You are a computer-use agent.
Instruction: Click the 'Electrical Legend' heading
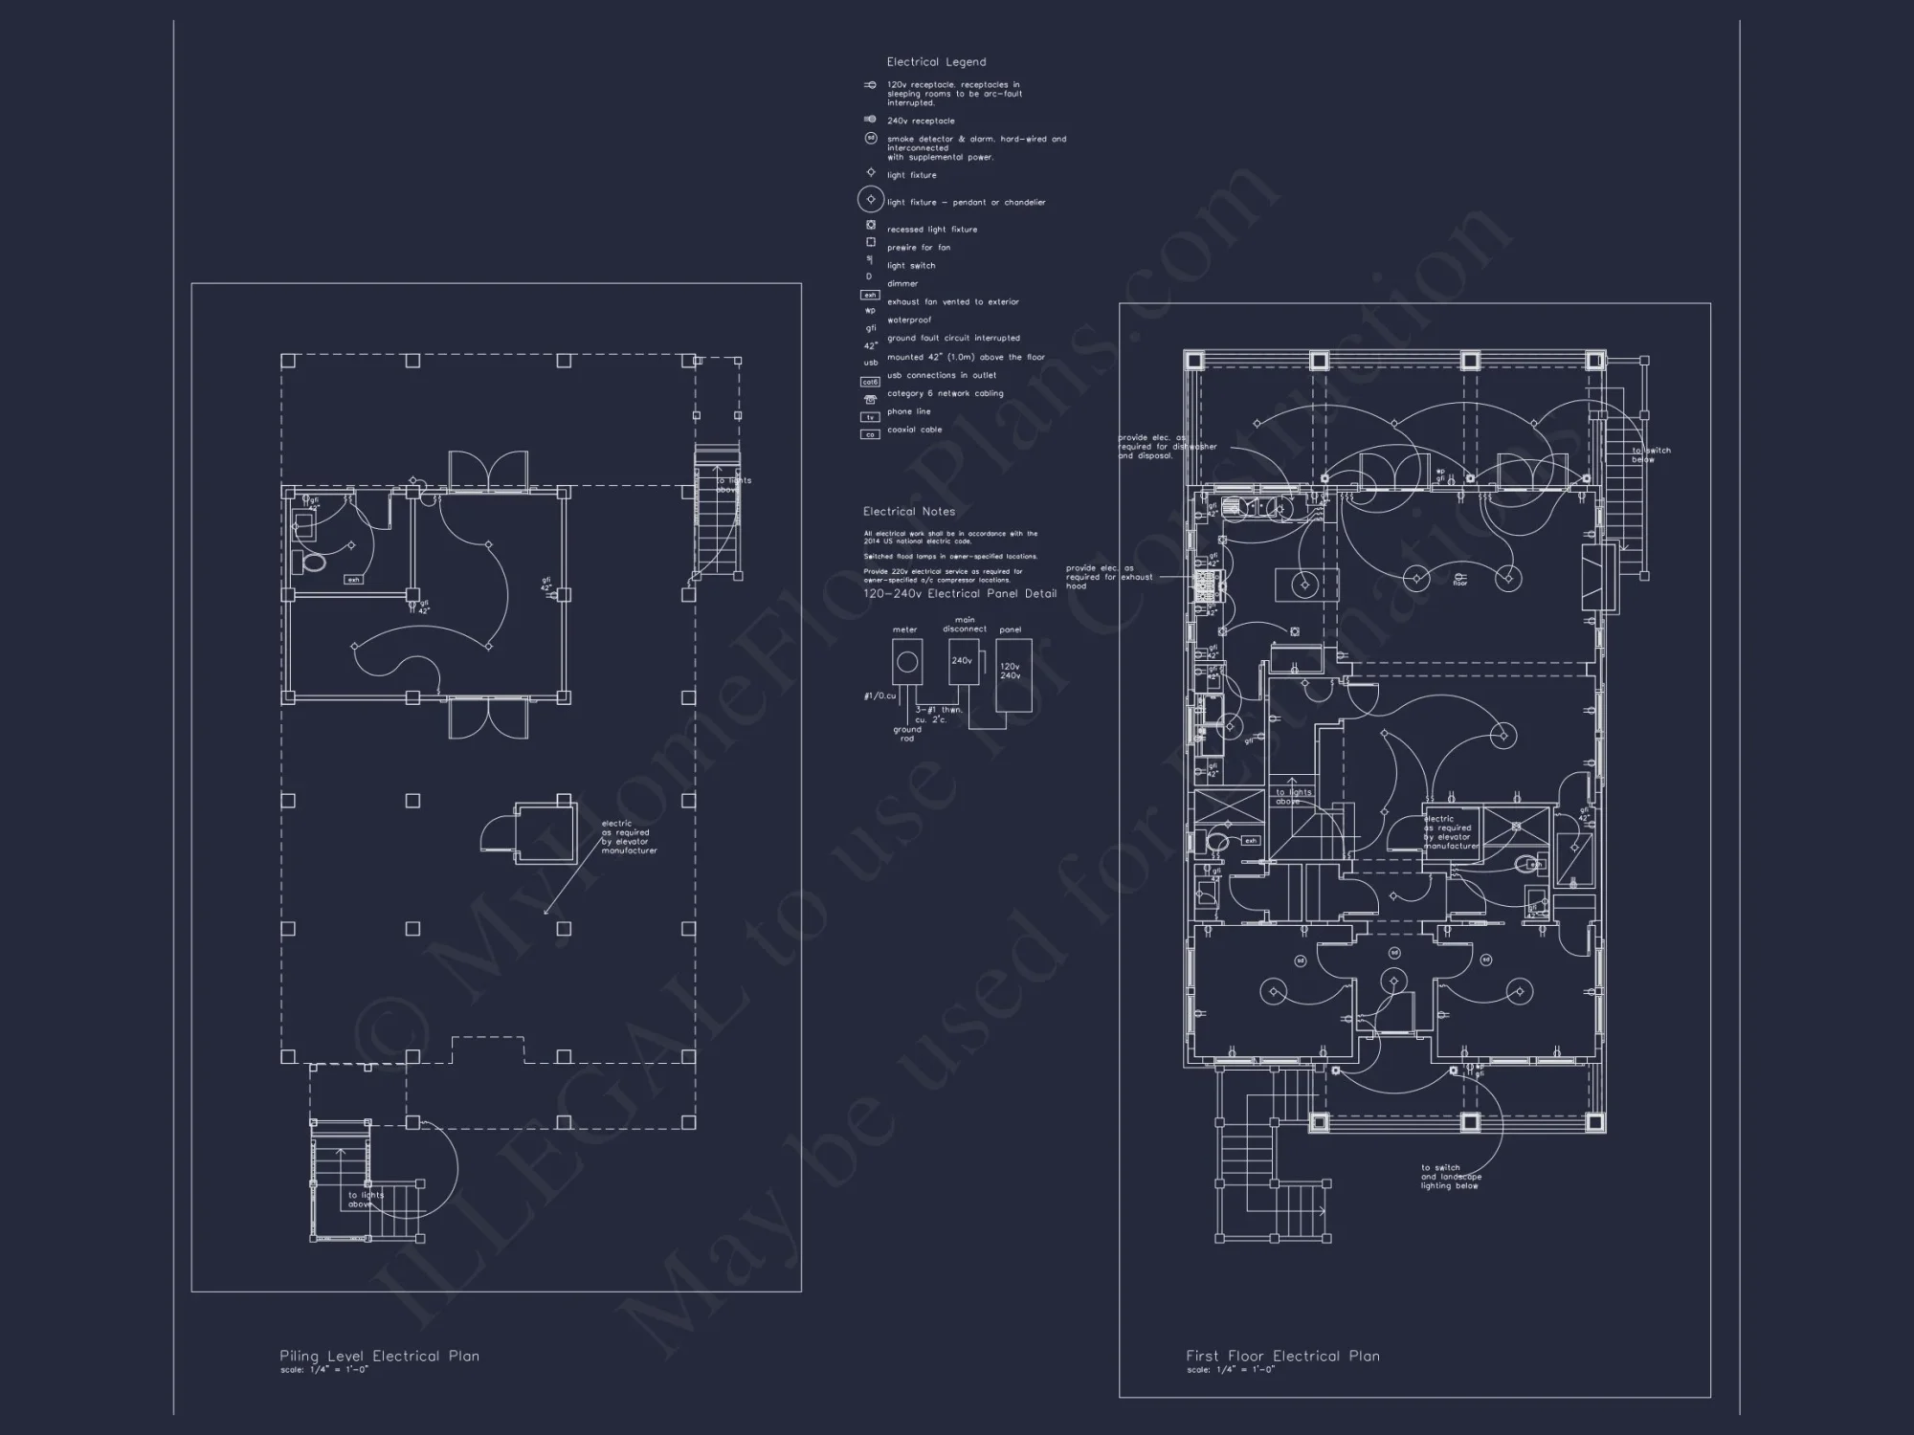[x=935, y=62]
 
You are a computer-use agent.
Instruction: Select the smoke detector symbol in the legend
[x=871, y=139]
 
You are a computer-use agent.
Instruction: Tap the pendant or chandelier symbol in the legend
[x=871, y=200]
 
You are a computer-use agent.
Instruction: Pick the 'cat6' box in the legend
[x=870, y=383]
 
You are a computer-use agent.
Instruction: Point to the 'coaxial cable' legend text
[x=914, y=430]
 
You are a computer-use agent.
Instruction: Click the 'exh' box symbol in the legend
[x=870, y=295]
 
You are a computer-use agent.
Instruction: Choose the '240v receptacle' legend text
[x=920, y=121]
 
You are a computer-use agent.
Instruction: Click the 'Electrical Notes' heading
[x=908, y=512]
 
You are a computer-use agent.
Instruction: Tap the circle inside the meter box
[x=906, y=662]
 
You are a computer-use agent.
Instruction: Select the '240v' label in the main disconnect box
[x=962, y=660]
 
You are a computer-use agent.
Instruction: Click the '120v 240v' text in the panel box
[x=1010, y=671]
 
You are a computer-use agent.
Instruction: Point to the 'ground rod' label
[x=906, y=734]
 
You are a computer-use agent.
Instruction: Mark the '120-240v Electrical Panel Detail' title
[x=960, y=594]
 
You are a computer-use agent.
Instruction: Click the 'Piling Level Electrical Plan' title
[x=379, y=1356]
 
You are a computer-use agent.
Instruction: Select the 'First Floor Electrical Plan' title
[x=1282, y=1356]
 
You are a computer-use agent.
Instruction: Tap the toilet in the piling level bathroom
[x=311, y=562]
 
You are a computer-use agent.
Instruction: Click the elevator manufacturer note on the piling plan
[x=629, y=837]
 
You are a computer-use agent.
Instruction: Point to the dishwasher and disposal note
[x=1167, y=447]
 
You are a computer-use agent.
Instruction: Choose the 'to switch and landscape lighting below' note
[x=1451, y=1177]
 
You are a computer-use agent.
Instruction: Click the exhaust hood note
[x=1108, y=577]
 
